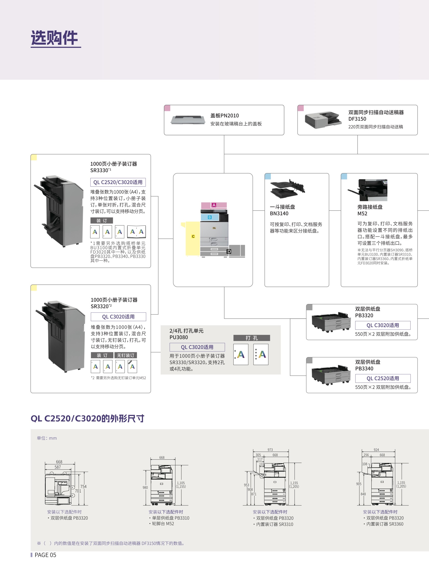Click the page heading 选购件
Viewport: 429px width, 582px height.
click(x=54, y=38)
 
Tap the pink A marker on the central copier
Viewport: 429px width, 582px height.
click(x=214, y=205)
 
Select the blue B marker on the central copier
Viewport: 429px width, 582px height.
click(x=209, y=217)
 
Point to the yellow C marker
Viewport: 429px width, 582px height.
click(x=193, y=236)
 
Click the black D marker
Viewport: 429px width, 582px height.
click(x=229, y=251)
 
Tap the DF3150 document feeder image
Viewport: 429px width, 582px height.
click(x=323, y=120)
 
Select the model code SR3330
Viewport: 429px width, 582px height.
click(x=99, y=170)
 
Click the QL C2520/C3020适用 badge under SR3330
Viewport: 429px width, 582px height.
click(x=118, y=182)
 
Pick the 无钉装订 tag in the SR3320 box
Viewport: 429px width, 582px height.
click(x=125, y=355)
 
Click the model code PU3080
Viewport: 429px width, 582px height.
click(x=179, y=337)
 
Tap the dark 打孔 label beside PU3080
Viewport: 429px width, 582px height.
click(x=251, y=338)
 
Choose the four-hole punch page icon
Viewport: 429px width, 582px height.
click(x=261, y=354)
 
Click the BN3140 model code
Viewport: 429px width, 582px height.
click(x=279, y=213)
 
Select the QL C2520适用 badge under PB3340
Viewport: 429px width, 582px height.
click(x=383, y=378)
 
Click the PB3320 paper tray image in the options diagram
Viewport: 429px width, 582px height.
click(x=331, y=322)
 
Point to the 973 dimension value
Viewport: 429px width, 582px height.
click(x=270, y=450)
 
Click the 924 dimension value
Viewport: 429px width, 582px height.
click(x=376, y=450)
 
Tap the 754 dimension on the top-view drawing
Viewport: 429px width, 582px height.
click(x=83, y=487)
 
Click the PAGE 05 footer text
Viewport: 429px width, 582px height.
click(x=45, y=555)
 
